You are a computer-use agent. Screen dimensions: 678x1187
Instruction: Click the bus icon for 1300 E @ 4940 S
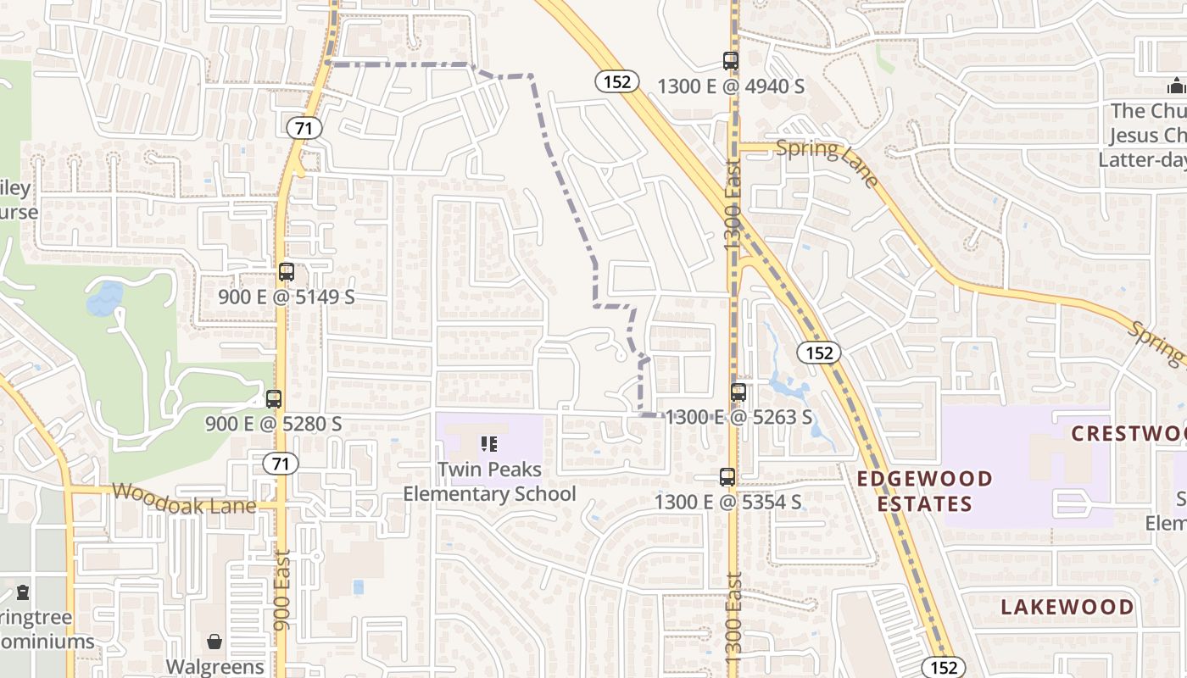click(731, 61)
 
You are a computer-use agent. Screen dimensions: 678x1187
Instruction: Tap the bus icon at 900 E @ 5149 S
click(287, 272)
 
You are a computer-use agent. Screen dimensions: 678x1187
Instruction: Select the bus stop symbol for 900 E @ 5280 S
click(274, 399)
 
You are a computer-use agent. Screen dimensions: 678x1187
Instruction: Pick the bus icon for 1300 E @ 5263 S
click(738, 392)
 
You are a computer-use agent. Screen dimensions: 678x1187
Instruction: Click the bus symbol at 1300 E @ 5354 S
click(727, 477)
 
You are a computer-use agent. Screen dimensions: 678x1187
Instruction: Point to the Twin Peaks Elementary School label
click(489, 481)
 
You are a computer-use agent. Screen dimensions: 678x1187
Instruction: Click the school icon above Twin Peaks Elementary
click(488, 443)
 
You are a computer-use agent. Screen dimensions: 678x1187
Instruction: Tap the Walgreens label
click(215, 667)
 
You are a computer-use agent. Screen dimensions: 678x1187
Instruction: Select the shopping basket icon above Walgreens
click(215, 642)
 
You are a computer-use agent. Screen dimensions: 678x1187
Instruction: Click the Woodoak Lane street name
click(183, 497)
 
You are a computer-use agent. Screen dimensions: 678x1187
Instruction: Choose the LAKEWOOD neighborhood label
click(1067, 607)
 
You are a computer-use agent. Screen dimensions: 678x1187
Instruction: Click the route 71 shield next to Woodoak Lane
click(280, 464)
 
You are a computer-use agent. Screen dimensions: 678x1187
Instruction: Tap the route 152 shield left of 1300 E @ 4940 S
click(616, 81)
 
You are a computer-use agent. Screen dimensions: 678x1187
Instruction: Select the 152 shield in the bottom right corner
click(943, 667)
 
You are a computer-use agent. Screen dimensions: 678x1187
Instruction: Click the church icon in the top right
click(1175, 86)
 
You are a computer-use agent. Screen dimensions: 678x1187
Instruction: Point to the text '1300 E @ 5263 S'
click(738, 417)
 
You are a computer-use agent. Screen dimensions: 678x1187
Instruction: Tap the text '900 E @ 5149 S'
click(287, 297)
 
